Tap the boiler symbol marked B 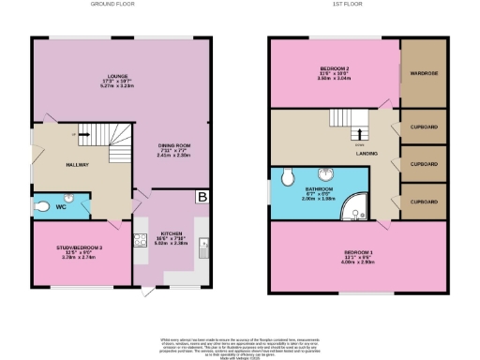tap(202, 197)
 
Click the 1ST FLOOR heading tap(357, 5)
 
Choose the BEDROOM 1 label tap(357, 254)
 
